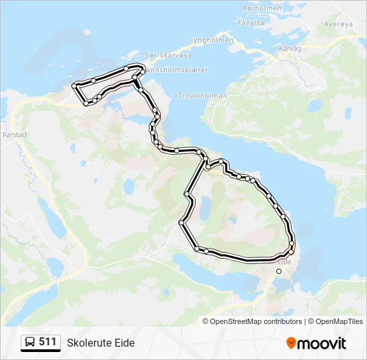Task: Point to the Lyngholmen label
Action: click(212, 40)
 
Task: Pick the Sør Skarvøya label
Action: click(163, 55)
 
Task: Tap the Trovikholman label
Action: click(203, 96)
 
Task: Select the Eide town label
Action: click(284, 262)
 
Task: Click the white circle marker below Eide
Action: click(279, 271)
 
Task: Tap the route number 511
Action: click(47, 342)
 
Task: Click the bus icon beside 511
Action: click(31, 343)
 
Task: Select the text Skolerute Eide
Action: click(101, 343)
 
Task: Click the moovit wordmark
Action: click(322, 343)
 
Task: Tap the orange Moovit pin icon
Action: click(291, 343)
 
